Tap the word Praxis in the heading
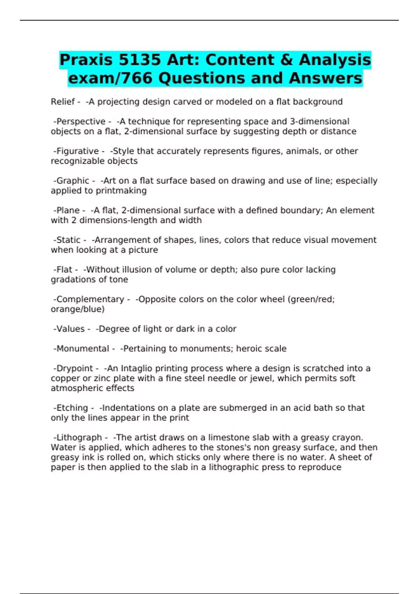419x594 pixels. pyautogui.click(x=86, y=60)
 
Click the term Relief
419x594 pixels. pyautogui.click(x=63, y=102)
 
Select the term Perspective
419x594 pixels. pyautogui.click(x=81, y=122)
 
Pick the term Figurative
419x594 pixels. pyautogui.click(x=78, y=151)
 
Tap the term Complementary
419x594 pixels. pyautogui.click(x=90, y=299)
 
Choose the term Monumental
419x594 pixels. pyautogui.click(x=83, y=349)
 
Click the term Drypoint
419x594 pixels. pyautogui.click(x=75, y=369)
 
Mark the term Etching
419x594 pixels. pyautogui.click(x=72, y=408)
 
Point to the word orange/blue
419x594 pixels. pyautogui.click(x=78, y=309)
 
